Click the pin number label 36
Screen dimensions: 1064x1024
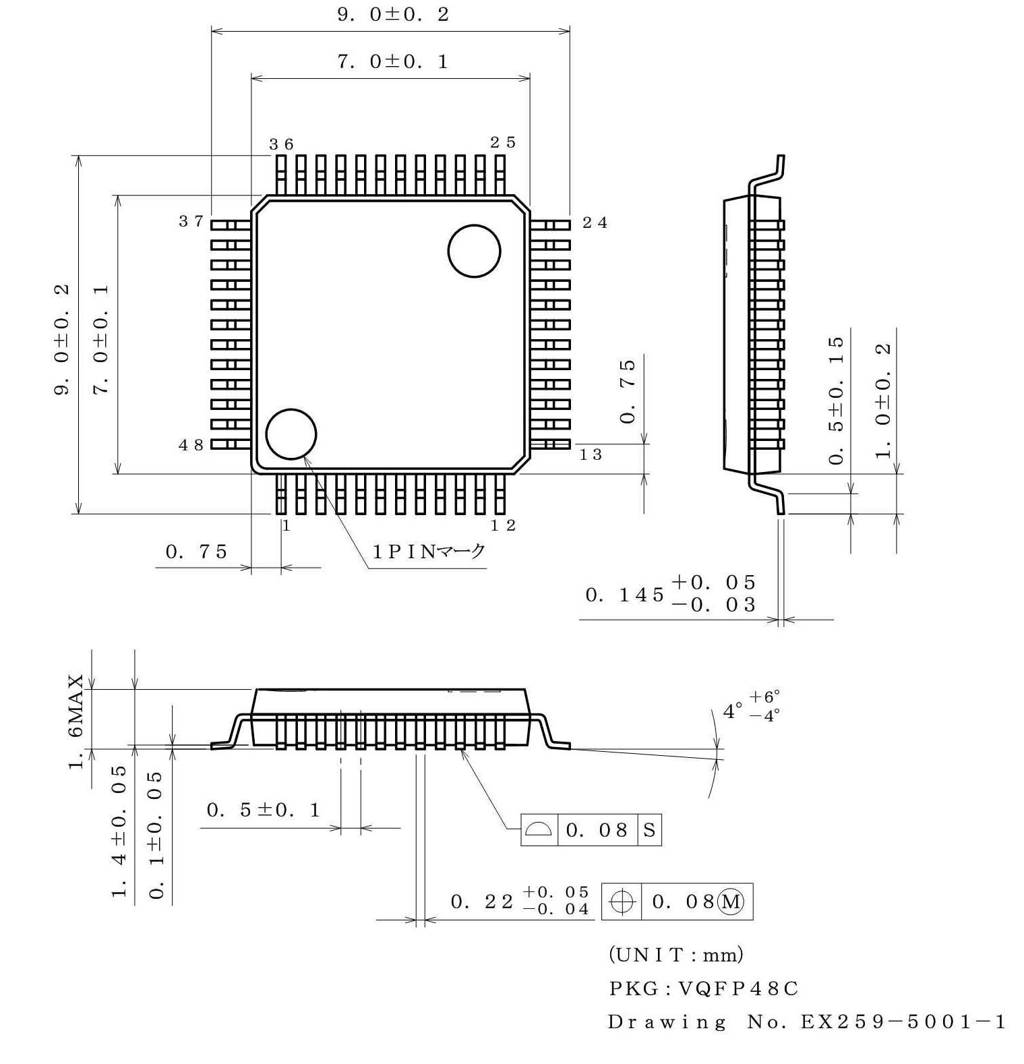click(281, 144)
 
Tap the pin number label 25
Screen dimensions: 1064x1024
click(503, 142)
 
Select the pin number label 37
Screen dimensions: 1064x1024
click(191, 221)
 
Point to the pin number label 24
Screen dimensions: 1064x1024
click(595, 223)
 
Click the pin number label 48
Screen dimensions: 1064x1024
click(191, 445)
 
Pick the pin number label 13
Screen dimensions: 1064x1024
click(591, 455)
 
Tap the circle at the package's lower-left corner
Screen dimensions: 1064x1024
click(291, 434)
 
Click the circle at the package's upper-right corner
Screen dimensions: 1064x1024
click(474, 251)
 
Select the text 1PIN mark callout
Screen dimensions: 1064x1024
click(429, 552)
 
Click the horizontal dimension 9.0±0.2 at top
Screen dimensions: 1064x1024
click(393, 15)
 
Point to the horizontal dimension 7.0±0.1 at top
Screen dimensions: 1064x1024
click(393, 62)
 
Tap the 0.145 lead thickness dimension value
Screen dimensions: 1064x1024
click(624, 595)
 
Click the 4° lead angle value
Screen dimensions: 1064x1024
click(732, 711)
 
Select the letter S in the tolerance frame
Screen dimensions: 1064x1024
click(649, 830)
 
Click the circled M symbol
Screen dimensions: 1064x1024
click(731, 902)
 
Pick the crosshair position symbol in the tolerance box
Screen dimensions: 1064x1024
click(622, 902)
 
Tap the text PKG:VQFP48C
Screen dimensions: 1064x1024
click(703, 988)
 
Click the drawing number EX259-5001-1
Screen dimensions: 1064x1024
click(903, 1022)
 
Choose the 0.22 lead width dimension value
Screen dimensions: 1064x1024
click(481, 902)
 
